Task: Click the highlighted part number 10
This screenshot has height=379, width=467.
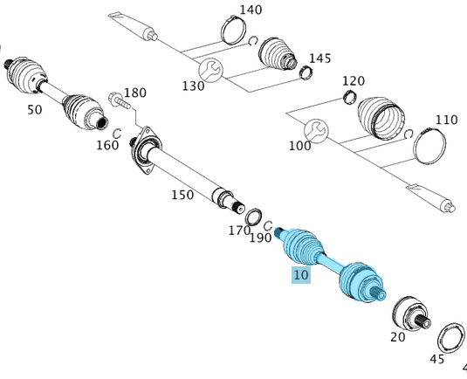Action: (x=300, y=275)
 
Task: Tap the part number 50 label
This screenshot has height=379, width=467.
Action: (x=35, y=109)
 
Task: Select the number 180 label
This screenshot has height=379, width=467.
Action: (x=135, y=93)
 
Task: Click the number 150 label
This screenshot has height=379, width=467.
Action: (x=182, y=195)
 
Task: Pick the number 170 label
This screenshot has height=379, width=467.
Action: (x=239, y=231)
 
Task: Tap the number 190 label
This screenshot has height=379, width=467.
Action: (x=260, y=238)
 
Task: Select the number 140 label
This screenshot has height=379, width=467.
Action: (x=250, y=10)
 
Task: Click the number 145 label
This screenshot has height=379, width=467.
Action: (x=319, y=58)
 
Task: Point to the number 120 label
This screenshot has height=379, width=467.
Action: (x=353, y=81)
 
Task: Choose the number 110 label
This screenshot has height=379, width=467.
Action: (x=446, y=120)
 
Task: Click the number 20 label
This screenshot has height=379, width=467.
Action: (x=397, y=338)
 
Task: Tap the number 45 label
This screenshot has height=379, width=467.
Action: (x=437, y=358)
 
